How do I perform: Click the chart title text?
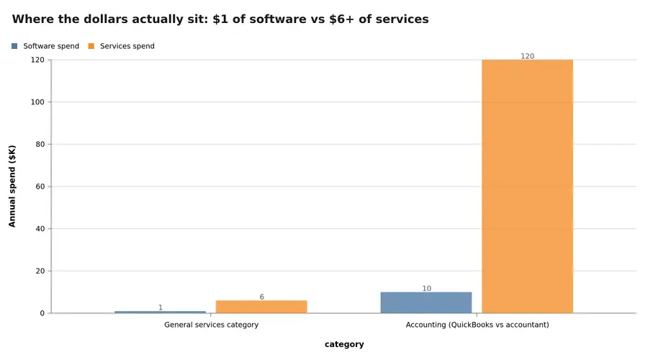(x=220, y=19)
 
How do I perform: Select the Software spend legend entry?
(x=50, y=46)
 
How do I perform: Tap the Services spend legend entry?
(x=127, y=46)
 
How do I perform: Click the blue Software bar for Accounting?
(x=426, y=302)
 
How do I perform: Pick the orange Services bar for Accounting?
(x=527, y=186)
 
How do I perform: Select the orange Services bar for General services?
(x=261, y=307)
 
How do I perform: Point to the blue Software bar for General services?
(x=160, y=312)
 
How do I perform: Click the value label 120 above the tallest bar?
(x=527, y=56)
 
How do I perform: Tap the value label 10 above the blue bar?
(x=426, y=289)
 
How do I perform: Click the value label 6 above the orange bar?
(x=261, y=297)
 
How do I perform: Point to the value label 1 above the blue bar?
(x=160, y=307)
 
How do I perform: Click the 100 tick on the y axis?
(x=37, y=102)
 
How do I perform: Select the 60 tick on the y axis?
(x=39, y=186)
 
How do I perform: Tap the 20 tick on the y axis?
(x=39, y=271)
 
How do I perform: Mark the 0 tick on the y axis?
(x=42, y=313)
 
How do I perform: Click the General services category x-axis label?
(x=211, y=325)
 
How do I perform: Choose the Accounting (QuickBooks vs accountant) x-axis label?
(x=477, y=325)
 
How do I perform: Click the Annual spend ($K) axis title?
(x=12, y=186)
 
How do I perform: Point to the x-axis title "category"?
(x=344, y=344)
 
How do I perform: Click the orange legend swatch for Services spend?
(x=91, y=46)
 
